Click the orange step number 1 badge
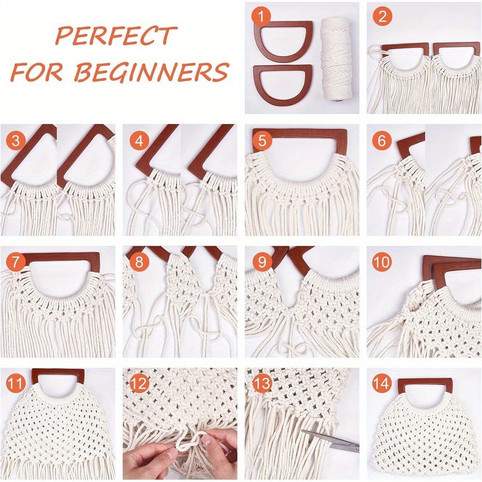(261, 17)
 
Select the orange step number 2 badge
(382, 17)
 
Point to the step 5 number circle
(262, 141)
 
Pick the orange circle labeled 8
(138, 262)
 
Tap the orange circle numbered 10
(382, 262)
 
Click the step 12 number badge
(138, 384)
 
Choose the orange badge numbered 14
(382, 384)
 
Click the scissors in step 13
(329, 441)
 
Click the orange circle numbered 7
(16, 262)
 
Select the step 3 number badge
(16, 141)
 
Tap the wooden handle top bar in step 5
(301, 134)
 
